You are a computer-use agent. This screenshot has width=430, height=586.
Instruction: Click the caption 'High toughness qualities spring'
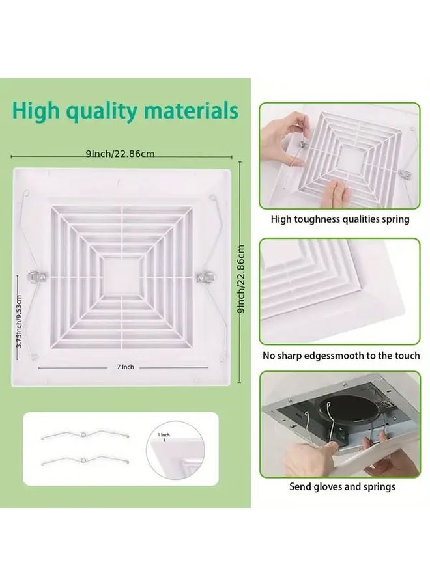point(340,219)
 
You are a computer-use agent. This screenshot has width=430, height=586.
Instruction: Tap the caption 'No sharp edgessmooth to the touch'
point(341,356)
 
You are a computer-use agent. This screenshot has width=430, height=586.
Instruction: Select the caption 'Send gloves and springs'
point(342,486)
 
